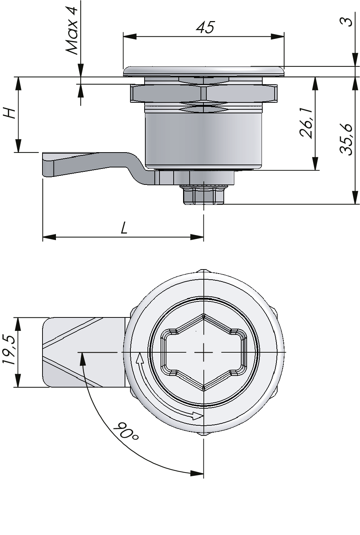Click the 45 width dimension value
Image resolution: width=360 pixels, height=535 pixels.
point(205,28)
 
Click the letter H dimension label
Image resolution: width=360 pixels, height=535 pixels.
point(10,113)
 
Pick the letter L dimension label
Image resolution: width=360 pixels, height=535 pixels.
point(124,228)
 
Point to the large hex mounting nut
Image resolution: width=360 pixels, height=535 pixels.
point(203,94)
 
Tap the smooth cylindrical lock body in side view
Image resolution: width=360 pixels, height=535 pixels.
point(203,140)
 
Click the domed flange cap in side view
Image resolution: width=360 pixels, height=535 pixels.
point(203,71)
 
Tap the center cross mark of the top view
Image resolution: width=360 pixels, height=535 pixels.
point(204,352)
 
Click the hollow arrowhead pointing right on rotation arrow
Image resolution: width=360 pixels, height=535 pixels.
point(198,416)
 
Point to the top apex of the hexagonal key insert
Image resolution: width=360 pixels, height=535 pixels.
point(204,315)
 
